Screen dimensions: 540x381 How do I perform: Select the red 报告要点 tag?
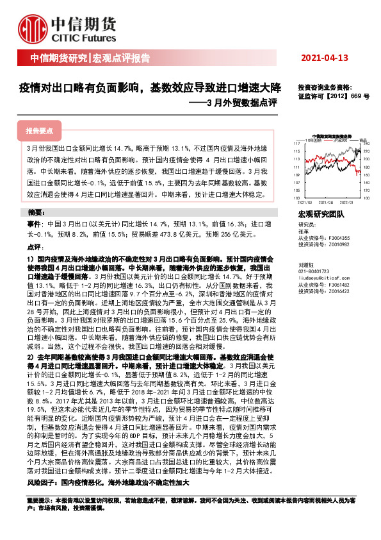pos(39,130)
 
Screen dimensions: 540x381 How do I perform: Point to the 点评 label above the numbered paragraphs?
pos(35,247)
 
